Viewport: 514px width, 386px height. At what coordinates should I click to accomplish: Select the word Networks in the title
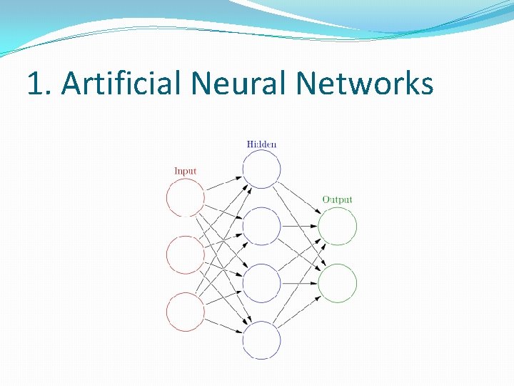tap(365, 84)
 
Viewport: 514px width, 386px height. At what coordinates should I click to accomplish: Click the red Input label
tap(185, 171)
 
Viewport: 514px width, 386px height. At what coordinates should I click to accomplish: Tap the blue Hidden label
tap(261, 144)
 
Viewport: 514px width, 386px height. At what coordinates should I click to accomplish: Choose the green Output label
tap(337, 199)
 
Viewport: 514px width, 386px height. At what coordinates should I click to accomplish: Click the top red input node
tap(186, 197)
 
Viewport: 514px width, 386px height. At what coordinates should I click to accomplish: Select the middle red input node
tap(186, 255)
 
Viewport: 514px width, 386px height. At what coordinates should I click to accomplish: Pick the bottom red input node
tap(186, 312)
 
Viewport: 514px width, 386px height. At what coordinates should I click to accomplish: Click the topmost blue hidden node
tap(261, 169)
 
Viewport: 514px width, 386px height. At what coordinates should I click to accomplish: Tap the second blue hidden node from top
tap(261, 227)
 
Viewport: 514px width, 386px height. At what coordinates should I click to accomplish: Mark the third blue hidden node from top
tap(261, 283)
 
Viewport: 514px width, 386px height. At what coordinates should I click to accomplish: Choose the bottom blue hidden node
tap(261, 340)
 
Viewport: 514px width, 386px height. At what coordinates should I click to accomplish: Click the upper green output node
tap(337, 227)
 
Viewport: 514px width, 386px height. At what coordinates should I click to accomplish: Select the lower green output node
tap(337, 283)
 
